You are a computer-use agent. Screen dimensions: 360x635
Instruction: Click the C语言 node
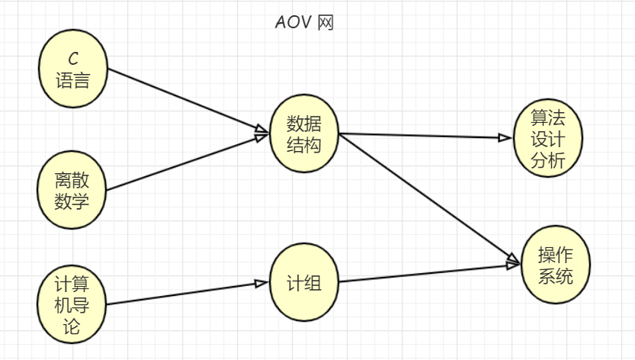(72, 69)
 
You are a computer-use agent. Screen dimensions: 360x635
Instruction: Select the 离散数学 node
(72, 190)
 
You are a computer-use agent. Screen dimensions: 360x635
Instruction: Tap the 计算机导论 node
(72, 304)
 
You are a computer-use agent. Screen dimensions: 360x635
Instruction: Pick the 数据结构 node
(304, 133)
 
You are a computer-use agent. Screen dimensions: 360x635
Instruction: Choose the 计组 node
(304, 283)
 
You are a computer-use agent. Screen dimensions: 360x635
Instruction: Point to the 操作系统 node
(556, 265)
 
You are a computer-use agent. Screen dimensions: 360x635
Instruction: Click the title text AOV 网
(304, 22)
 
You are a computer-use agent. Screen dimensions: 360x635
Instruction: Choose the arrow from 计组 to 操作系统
(427, 274)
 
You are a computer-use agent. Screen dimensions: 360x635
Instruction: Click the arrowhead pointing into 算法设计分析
(504, 138)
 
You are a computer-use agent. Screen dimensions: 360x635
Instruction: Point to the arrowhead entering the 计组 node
(261, 284)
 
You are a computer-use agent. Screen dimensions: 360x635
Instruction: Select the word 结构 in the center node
(304, 145)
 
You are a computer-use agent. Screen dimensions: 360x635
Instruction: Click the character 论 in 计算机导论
(73, 329)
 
